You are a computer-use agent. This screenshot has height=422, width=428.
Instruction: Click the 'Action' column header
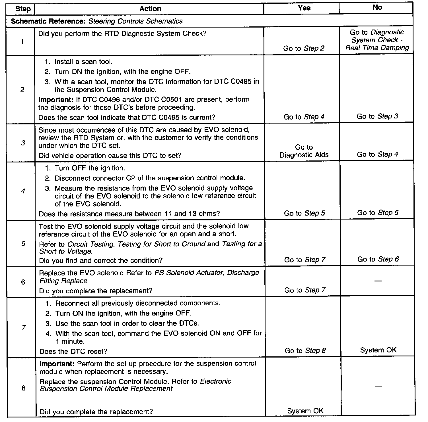point(150,9)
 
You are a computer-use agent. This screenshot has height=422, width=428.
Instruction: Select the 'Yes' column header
point(304,8)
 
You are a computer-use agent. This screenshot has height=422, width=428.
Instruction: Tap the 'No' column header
point(377,8)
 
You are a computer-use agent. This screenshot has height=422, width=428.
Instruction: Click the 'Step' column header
point(23,9)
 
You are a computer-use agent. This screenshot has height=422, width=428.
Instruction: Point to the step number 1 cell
point(22,42)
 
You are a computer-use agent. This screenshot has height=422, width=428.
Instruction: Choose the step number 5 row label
point(23,244)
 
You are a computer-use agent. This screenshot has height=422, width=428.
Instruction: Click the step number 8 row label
point(23,388)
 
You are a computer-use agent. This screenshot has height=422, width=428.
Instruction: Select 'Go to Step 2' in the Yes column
point(304,49)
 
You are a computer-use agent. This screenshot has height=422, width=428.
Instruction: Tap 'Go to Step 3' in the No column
point(377,116)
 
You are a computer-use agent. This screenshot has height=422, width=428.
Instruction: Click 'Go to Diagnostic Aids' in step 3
point(304,151)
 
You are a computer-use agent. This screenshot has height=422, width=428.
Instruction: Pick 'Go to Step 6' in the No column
point(378,259)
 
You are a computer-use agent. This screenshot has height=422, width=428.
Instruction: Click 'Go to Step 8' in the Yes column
point(305,351)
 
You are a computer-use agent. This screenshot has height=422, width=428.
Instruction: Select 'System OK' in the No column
point(378,350)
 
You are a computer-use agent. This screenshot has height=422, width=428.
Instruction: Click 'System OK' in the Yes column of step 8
point(305,411)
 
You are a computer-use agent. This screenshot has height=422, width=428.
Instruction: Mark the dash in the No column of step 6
point(378,281)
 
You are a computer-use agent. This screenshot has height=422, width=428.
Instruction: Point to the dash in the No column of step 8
point(378,387)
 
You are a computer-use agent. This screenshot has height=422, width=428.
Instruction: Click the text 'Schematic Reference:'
point(49,21)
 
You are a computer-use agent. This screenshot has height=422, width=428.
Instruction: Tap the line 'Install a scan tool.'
point(83,62)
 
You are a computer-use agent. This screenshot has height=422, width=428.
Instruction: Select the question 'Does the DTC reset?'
point(73,352)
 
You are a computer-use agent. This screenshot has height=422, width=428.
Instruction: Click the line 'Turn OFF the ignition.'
point(90,168)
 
